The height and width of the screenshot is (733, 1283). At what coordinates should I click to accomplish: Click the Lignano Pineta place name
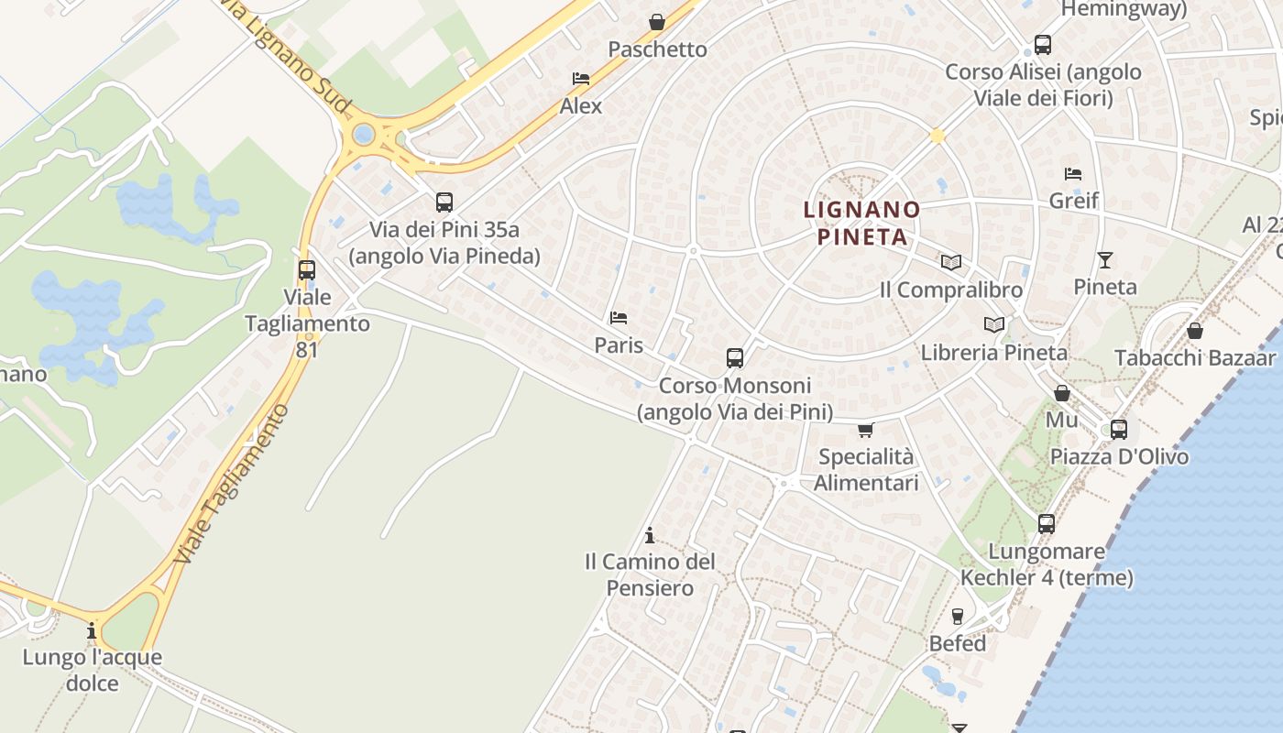pos(861,223)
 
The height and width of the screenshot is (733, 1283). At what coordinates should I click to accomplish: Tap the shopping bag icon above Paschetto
pos(657,22)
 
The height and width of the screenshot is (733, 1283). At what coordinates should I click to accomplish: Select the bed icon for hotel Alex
pos(580,79)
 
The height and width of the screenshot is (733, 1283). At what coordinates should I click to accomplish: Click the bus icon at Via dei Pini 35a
pos(444,202)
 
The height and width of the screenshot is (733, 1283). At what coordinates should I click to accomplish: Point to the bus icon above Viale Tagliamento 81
pos(307,270)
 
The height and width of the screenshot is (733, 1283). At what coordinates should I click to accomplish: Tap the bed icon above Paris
pos(619,318)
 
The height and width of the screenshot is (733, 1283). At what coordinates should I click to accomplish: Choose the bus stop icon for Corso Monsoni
pos(734,357)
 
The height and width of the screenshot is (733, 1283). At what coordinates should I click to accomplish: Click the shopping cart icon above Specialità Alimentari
pos(865,429)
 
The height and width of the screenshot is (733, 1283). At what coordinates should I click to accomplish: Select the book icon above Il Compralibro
pos(951,263)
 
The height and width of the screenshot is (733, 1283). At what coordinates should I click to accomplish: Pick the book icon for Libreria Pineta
pos(993,324)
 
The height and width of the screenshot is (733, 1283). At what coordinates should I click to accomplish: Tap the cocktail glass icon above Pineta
pos(1105,260)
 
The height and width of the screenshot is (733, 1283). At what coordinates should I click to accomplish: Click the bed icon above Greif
pos(1073,173)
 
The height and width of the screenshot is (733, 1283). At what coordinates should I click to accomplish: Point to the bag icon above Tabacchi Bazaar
pos(1195,331)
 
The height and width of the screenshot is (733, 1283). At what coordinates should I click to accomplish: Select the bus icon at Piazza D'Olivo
pos(1118,429)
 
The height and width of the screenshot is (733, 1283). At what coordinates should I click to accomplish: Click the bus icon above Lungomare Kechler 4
pos(1047,524)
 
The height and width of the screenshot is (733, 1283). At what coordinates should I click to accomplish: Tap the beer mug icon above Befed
pos(958,616)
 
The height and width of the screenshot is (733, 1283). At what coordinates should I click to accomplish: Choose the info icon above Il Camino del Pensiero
pos(650,535)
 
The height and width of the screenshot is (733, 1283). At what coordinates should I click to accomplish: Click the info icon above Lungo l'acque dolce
pos(92,630)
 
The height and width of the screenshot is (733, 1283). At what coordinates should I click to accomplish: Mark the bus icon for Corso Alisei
pos(1042,44)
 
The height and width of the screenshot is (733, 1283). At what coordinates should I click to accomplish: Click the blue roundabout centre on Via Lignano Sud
pos(364,135)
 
